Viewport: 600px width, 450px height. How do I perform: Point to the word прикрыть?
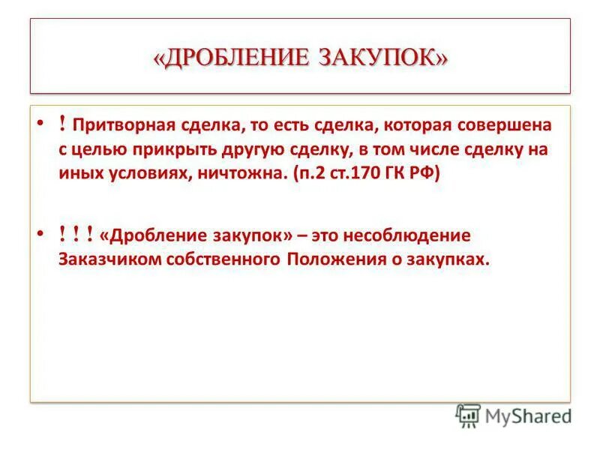(x=175, y=149)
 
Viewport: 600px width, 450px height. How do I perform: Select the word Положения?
(x=333, y=259)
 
